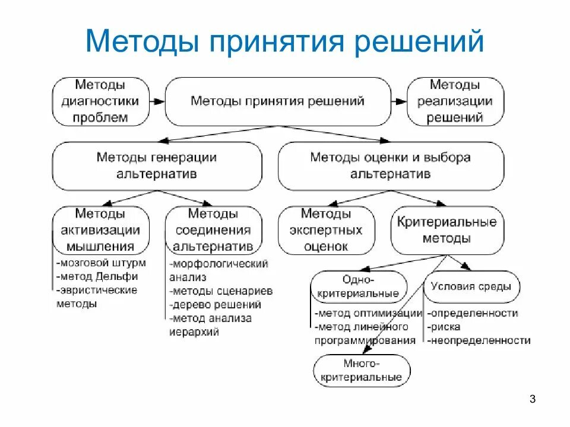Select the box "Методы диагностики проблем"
(100, 101)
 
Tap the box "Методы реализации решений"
(455, 101)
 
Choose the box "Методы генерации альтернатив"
(157, 166)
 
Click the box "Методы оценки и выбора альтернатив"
(391, 166)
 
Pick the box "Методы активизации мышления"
(100, 230)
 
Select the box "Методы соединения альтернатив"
(213, 230)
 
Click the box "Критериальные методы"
(446, 230)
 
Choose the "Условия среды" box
(471, 287)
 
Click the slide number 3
(532, 399)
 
